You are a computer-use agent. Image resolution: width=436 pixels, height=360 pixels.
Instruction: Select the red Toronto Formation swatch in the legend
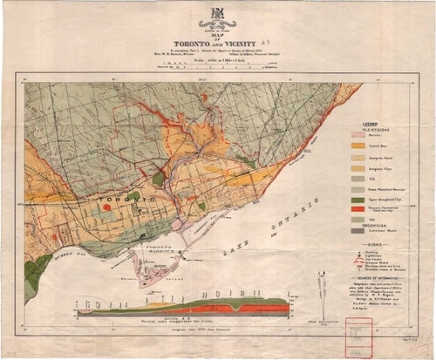pos(357,210)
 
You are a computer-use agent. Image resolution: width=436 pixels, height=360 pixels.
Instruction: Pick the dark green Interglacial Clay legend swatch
pos(357,200)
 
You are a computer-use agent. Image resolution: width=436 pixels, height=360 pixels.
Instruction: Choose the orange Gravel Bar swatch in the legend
pos(357,147)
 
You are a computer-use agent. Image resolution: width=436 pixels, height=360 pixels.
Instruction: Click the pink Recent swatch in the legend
pos(357,135)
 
